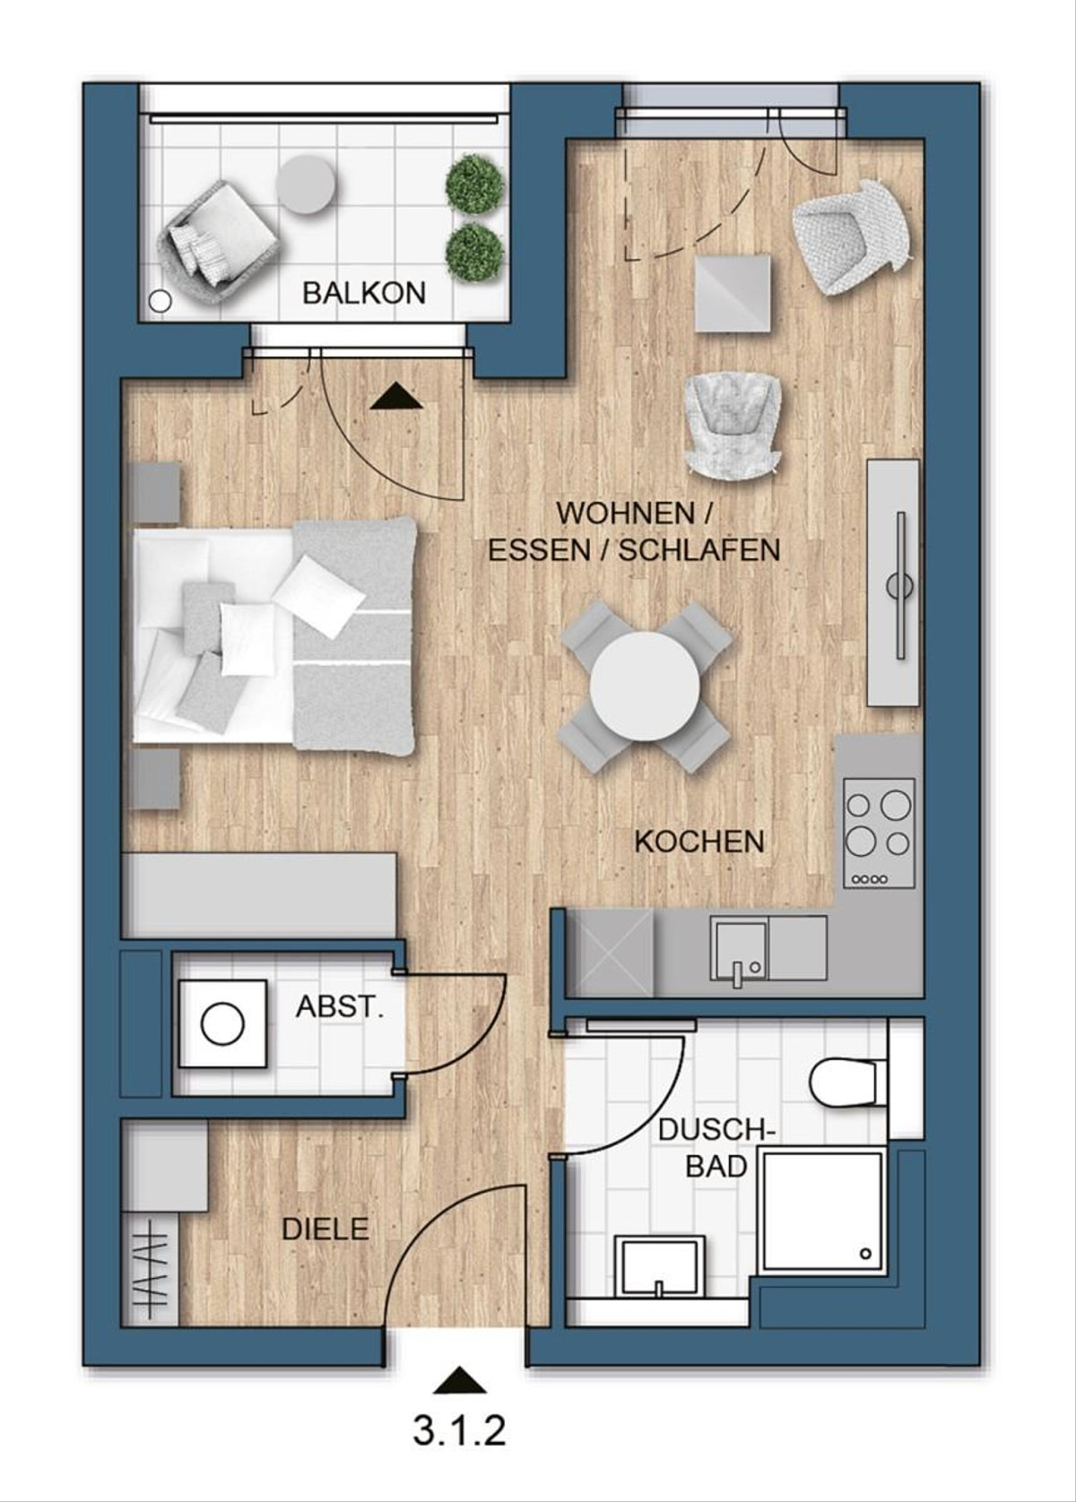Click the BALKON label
(363, 293)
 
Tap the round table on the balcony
(307, 184)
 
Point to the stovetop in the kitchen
(880, 833)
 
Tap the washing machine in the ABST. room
(222, 1024)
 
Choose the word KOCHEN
(699, 842)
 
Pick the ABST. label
(340, 1007)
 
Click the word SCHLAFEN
(699, 550)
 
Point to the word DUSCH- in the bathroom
(716, 1130)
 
